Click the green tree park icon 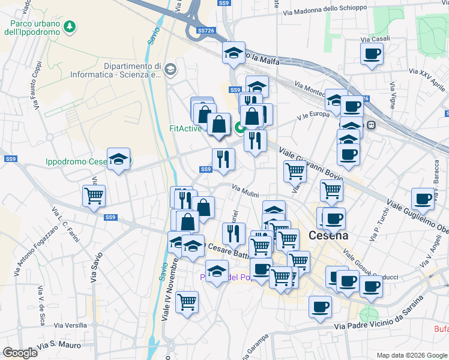[x=71, y=26]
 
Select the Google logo [x=20, y=353]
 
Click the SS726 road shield [x=206, y=31]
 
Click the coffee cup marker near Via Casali [x=372, y=55]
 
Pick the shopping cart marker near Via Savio [x=94, y=196]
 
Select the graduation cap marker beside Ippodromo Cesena [x=118, y=159]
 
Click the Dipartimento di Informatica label [x=133, y=70]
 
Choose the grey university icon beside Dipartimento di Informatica [x=170, y=70]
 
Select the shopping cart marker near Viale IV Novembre [x=187, y=302]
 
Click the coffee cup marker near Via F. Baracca [x=423, y=199]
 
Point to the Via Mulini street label [x=246, y=191]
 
